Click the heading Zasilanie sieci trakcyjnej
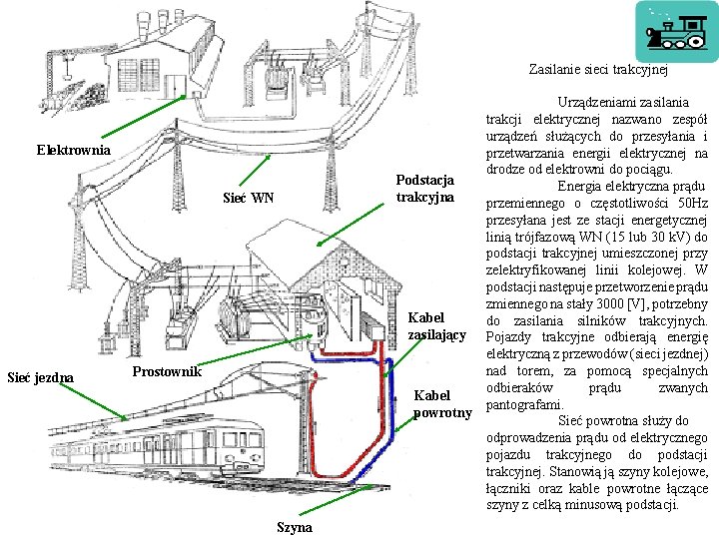pyautogui.click(x=597, y=71)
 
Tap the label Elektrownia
pyautogui.click(x=74, y=151)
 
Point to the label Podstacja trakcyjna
pyautogui.click(x=424, y=188)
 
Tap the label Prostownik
pyautogui.click(x=168, y=372)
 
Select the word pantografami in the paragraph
pyautogui.click(x=522, y=404)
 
